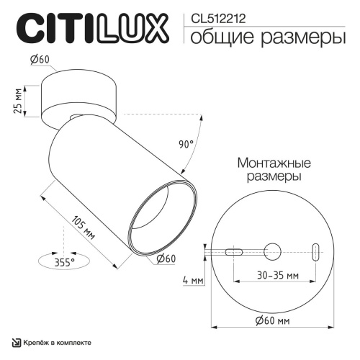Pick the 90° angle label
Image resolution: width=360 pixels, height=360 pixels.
186,144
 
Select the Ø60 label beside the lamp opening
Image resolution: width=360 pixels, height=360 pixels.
166,258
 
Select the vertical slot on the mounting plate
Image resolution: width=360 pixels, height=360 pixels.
315,251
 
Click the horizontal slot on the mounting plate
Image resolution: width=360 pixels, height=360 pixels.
232,251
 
